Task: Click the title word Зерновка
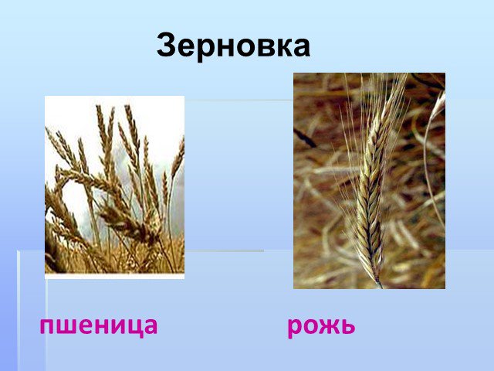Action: coord(233,46)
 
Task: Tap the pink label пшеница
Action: coord(99,326)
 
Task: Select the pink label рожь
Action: coord(321,326)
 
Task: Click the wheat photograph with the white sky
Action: coord(114,187)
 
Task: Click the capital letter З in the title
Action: coord(166,45)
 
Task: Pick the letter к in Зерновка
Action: coord(279,48)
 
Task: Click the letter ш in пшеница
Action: coord(67,326)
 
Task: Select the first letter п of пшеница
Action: coord(48,326)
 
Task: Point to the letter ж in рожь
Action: coord(322,326)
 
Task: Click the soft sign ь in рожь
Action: coord(347,326)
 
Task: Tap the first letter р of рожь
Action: coord(296,328)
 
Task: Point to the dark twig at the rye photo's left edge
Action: coord(304,138)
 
